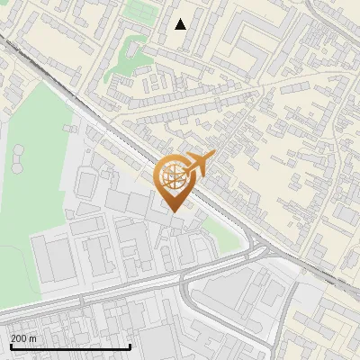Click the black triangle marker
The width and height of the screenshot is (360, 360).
coord(181,24)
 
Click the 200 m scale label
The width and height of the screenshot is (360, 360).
coord(24,337)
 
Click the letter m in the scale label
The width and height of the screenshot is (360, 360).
coord(34,337)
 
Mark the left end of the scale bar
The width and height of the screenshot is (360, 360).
coord(10,346)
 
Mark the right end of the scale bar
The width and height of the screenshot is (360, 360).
coord(130,346)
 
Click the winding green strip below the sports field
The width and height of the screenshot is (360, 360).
coord(121,58)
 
